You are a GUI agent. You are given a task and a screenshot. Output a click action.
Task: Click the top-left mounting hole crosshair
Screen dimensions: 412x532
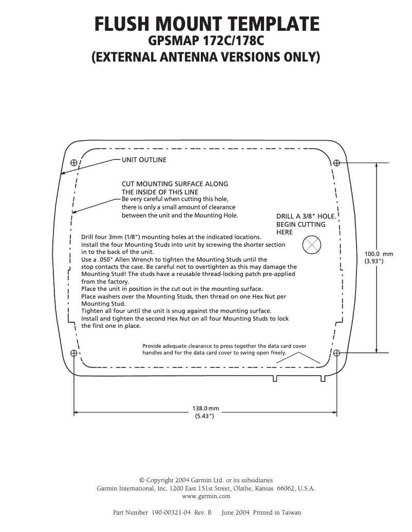pos(73,163)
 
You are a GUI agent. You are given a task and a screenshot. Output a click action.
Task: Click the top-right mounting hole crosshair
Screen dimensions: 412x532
pos(337,163)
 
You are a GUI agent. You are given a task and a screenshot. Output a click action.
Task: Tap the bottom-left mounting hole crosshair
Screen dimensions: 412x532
pos(73,353)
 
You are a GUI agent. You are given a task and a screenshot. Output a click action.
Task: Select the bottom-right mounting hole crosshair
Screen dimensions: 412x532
pos(337,353)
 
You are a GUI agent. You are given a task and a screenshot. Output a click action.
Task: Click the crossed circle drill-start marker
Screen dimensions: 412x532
pos(311,245)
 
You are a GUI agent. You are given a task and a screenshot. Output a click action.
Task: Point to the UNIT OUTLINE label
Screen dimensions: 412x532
pos(144,160)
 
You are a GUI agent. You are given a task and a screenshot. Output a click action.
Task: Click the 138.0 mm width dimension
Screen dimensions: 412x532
pos(205,408)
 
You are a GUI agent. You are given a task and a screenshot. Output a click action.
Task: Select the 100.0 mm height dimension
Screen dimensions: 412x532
pos(378,254)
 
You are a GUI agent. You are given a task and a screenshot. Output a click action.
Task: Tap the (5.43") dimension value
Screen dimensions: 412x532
pos(204,416)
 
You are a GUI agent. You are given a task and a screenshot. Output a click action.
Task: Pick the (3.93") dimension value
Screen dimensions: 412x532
pos(374,261)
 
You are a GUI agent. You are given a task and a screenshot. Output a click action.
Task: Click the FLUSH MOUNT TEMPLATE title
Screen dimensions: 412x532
pos(207,24)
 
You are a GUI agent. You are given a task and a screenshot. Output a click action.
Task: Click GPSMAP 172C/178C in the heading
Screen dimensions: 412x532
pos(206,40)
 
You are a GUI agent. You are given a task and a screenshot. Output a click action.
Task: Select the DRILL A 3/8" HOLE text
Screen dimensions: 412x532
pos(306,216)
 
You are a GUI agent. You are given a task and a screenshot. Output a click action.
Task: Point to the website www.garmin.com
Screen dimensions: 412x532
pos(206,496)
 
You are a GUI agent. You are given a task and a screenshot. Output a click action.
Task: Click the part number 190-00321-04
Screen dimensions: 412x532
pos(171,513)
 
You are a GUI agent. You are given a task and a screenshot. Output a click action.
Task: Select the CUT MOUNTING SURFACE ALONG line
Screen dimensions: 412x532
pos(175,184)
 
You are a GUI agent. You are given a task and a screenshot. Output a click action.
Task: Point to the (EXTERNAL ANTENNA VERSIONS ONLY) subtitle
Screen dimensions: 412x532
pos(205,57)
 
